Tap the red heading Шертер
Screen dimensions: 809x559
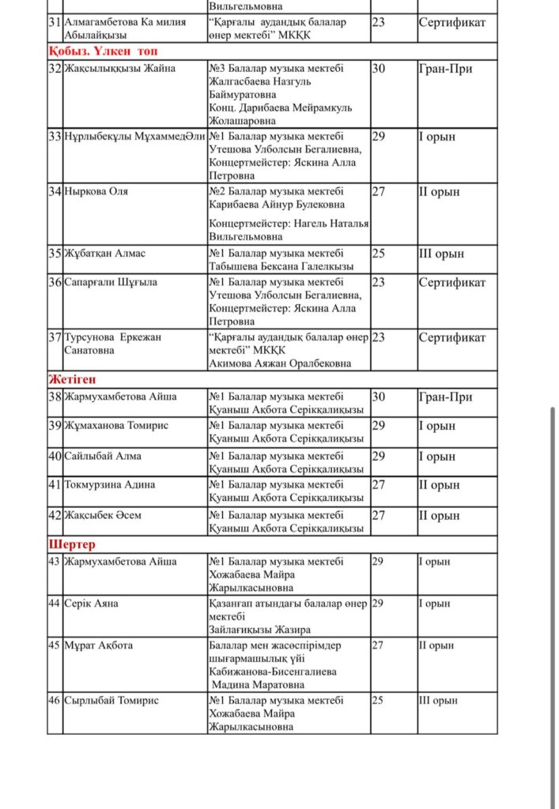point(72,545)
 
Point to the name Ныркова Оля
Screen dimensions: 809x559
point(96,191)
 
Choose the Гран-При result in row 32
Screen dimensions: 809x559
point(445,69)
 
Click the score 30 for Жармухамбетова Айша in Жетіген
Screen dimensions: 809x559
point(379,397)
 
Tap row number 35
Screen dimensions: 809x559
point(55,254)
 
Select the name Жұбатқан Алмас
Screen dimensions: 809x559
point(105,254)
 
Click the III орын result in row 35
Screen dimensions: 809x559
point(441,254)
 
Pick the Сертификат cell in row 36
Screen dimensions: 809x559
point(452,282)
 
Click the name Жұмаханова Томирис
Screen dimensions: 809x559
point(116,426)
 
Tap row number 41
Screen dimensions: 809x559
point(55,485)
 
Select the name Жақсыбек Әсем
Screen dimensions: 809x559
point(104,515)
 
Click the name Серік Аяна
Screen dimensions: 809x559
point(92,604)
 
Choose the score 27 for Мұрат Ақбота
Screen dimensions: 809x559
point(378,645)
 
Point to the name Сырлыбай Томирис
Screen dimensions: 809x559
point(111,701)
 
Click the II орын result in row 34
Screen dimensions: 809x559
point(439,191)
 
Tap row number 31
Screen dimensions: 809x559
point(55,22)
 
